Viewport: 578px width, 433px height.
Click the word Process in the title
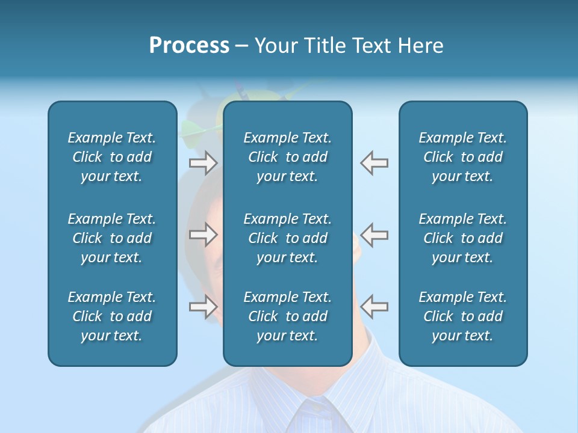[x=189, y=46]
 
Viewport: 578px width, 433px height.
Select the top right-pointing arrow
[x=203, y=162]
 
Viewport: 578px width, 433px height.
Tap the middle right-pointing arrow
[x=203, y=235]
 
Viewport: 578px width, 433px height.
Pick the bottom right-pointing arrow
[x=203, y=306]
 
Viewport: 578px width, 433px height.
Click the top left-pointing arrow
[x=374, y=162]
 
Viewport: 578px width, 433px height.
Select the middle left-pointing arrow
[x=374, y=235]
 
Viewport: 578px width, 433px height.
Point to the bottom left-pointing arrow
[x=374, y=306]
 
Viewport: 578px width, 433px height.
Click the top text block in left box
[x=112, y=157]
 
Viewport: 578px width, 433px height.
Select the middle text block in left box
[x=112, y=238]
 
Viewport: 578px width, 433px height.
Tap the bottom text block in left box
[x=112, y=316]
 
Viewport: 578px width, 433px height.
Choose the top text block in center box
[x=287, y=157]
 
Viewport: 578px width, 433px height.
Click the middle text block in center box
[x=287, y=238]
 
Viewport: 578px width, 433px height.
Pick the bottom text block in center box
[x=287, y=316]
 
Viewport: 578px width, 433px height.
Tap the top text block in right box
[x=462, y=157]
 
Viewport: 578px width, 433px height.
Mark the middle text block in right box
[x=462, y=238]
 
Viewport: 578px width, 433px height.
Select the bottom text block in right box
[x=462, y=316]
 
